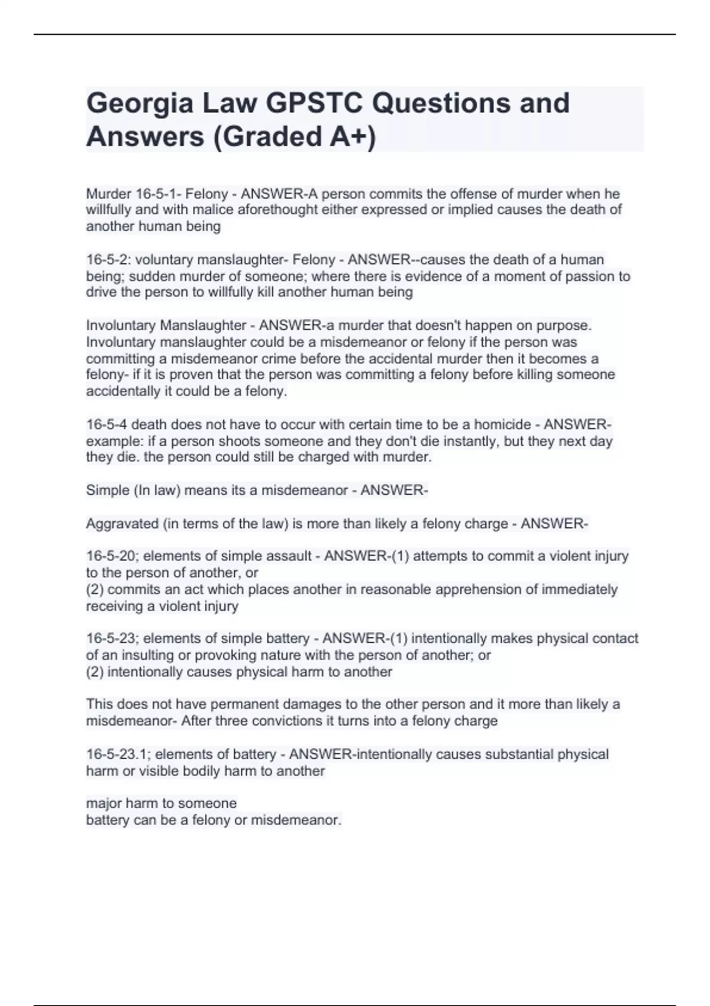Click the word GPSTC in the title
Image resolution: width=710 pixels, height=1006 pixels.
tap(314, 103)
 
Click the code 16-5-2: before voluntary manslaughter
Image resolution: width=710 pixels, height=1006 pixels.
tap(109, 260)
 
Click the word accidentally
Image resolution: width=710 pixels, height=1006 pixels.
tap(121, 391)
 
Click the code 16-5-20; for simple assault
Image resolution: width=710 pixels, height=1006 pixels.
tap(112, 556)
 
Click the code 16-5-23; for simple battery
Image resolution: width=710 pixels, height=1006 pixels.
tap(112, 639)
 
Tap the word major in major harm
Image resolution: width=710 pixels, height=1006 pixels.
tap(102, 804)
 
